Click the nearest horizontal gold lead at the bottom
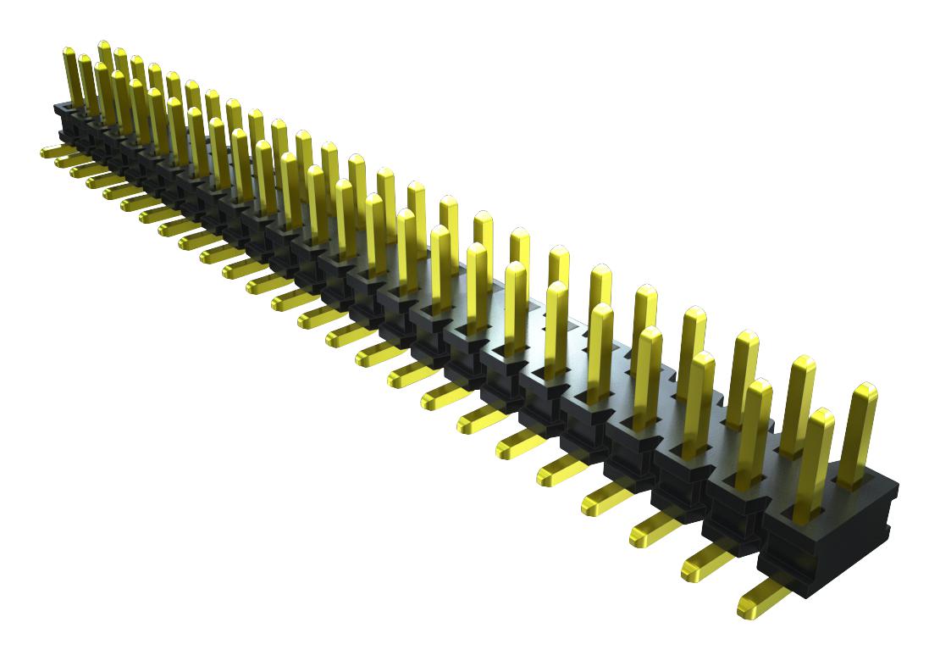tap(762, 597)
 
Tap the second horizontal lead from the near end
tap(707, 561)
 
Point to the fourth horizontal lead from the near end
tap(606, 496)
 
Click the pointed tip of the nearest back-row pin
tap(865, 392)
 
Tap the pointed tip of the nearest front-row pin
tap(821, 417)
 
